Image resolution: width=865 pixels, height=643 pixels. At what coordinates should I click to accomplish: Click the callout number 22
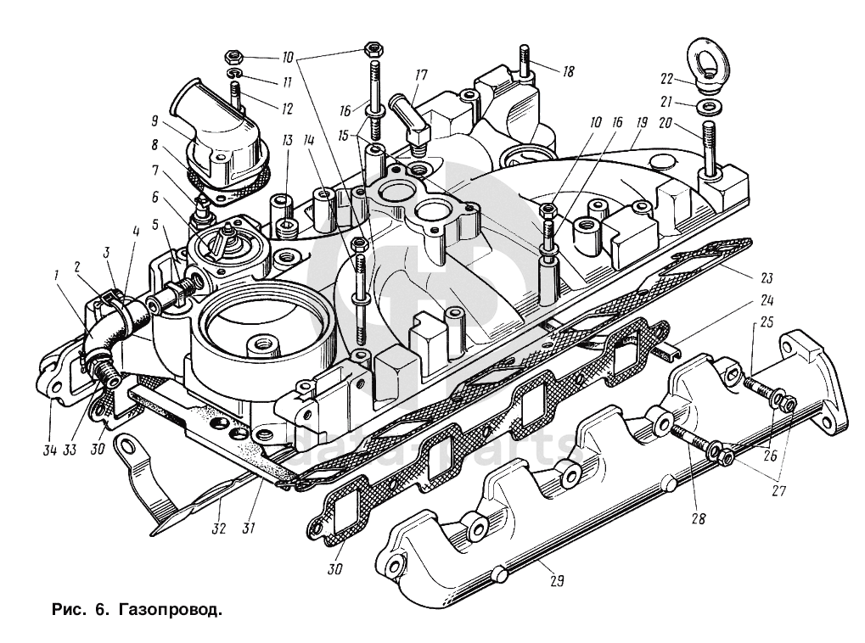coord(666,79)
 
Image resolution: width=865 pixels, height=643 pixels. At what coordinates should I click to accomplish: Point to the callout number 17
coord(419,75)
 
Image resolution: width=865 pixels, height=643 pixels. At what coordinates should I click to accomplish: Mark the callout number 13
coord(288,141)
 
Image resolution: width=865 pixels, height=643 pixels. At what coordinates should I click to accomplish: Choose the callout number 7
coord(155,170)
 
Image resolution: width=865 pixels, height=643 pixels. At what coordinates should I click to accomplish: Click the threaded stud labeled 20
coord(709,144)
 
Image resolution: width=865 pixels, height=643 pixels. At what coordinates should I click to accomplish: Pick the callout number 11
coord(287,82)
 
